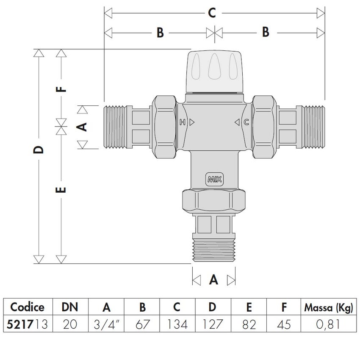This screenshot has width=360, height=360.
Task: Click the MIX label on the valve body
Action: point(214,178)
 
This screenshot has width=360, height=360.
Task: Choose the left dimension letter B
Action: point(160,33)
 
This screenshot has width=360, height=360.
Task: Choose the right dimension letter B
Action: point(265,33)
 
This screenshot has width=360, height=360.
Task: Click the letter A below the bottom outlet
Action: point(214,280)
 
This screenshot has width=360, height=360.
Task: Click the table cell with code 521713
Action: point(27,324)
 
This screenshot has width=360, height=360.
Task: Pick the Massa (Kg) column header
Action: point(328,307)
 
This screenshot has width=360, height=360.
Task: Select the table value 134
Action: point(177,324)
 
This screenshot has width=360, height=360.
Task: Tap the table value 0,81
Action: point(328,324)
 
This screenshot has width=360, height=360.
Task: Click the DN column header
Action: point(70,307)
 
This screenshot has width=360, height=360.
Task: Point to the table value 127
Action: point(213,324)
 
